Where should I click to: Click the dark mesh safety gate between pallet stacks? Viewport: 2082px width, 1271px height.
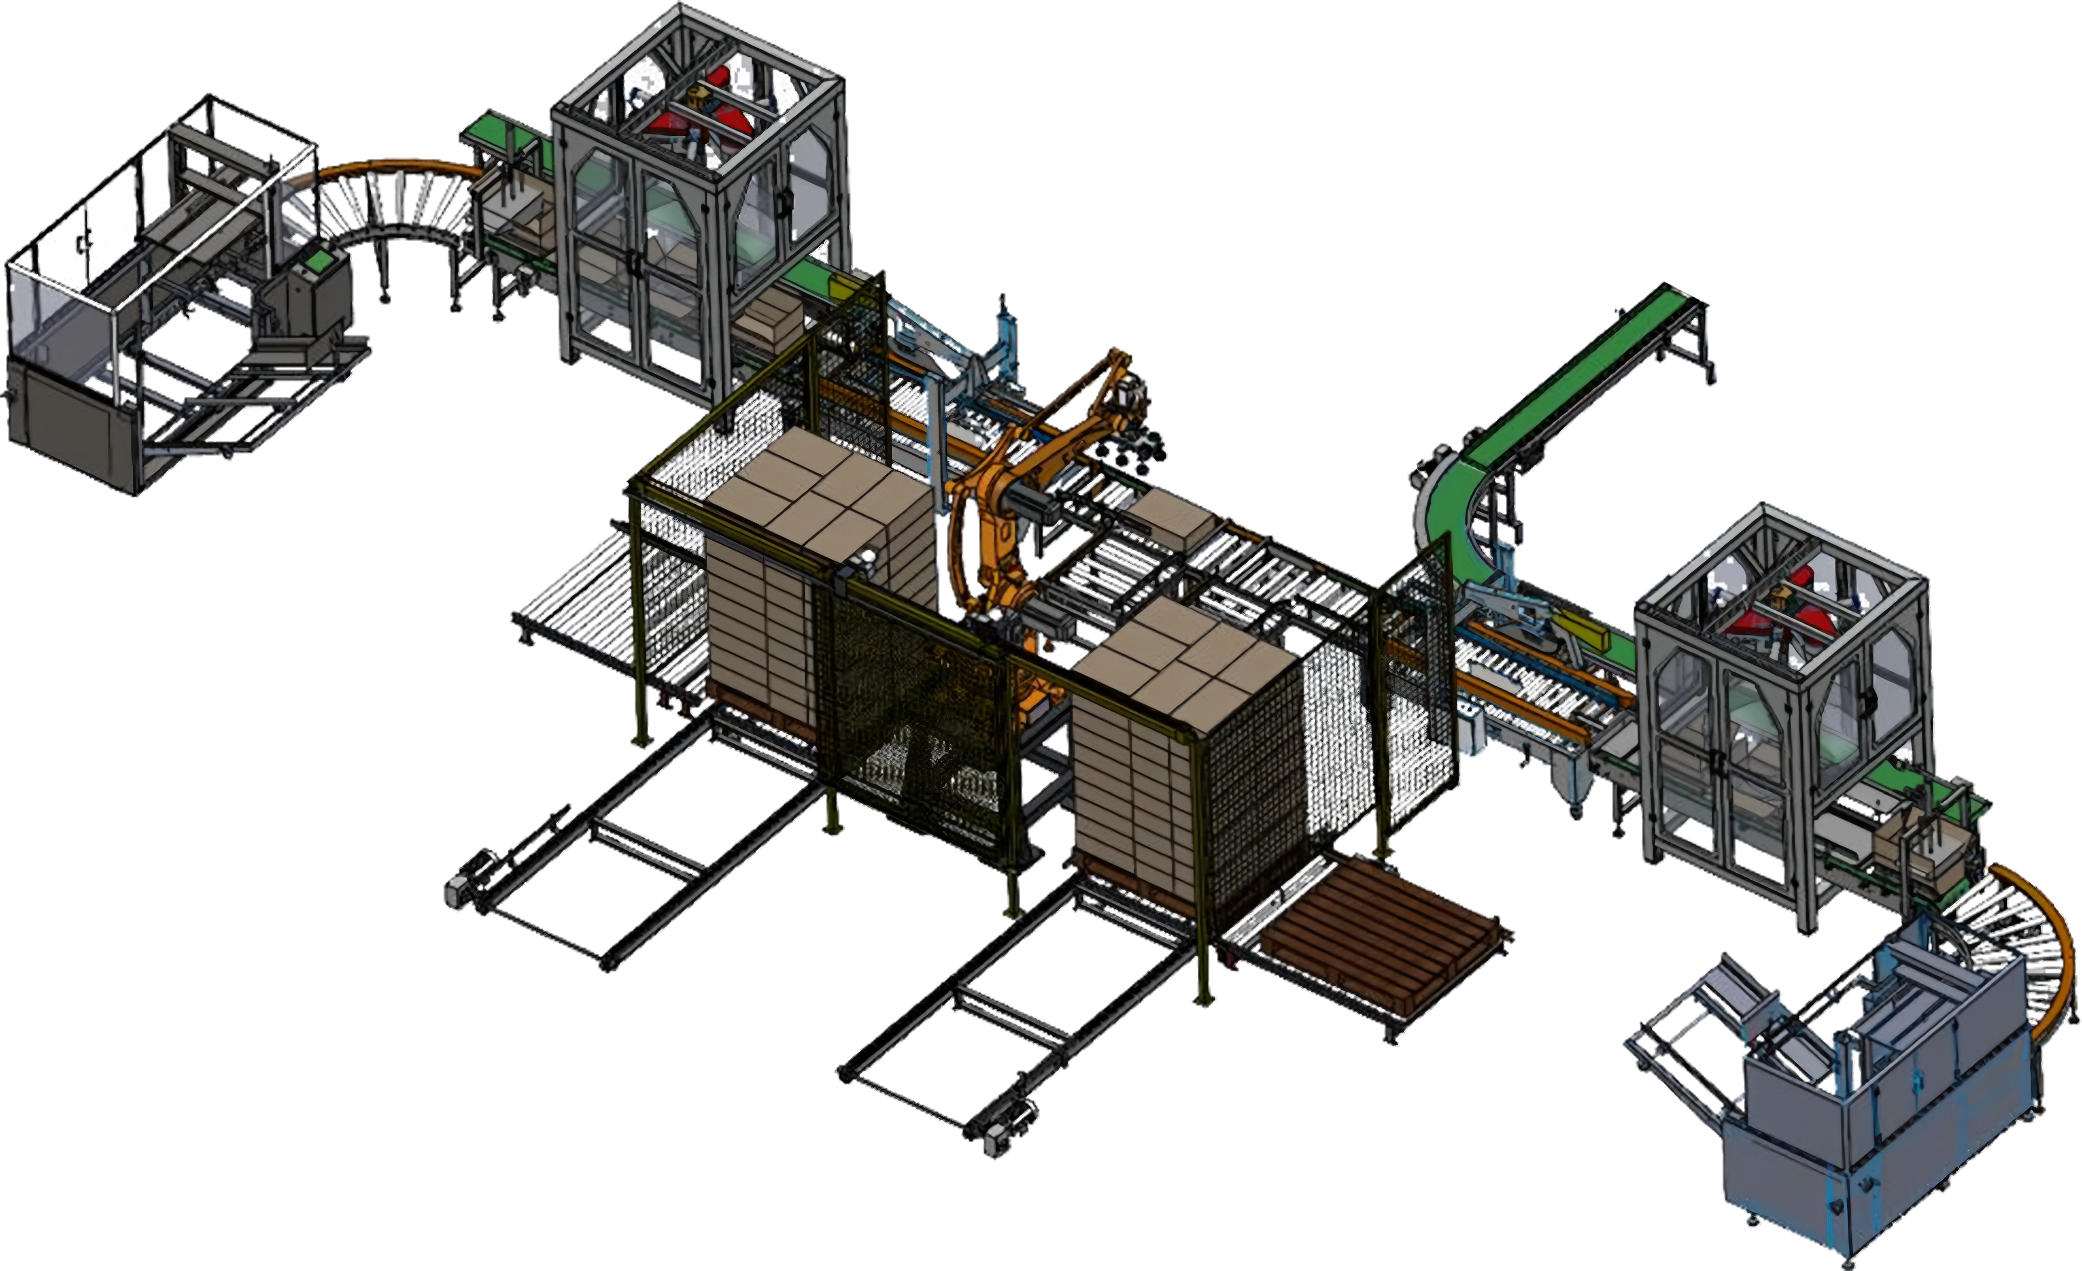click(x=912, y=727)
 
